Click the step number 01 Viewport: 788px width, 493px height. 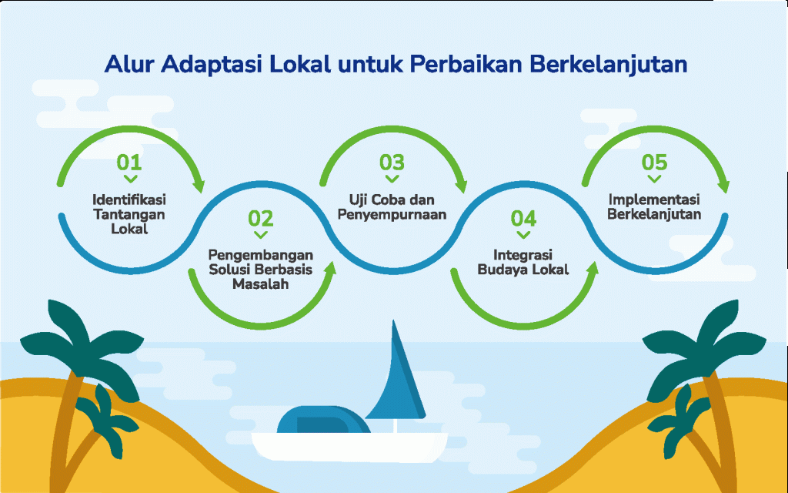[x=129, y=163]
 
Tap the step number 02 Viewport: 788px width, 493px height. [x=261, y=218]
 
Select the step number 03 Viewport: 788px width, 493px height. [x=392, y=163]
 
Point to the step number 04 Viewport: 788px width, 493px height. [x=523, y=218]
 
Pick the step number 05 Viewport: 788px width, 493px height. [x=654, y=163]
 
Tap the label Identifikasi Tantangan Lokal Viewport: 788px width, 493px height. [x=129, y=214]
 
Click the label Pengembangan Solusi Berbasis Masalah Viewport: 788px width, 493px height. [x=261, y=270]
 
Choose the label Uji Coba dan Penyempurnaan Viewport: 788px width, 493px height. [x=392, y=207]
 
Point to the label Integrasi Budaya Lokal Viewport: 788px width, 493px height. [x=523, y=262]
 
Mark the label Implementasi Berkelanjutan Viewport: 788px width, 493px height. [x=654, y=206]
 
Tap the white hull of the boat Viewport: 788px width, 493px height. [x=349, y=447]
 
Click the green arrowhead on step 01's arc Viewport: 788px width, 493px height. [x=199, y=184]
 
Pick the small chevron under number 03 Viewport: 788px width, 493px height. [x=392, y=179]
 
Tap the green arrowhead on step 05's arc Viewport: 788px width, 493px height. [x=723, y=184]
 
